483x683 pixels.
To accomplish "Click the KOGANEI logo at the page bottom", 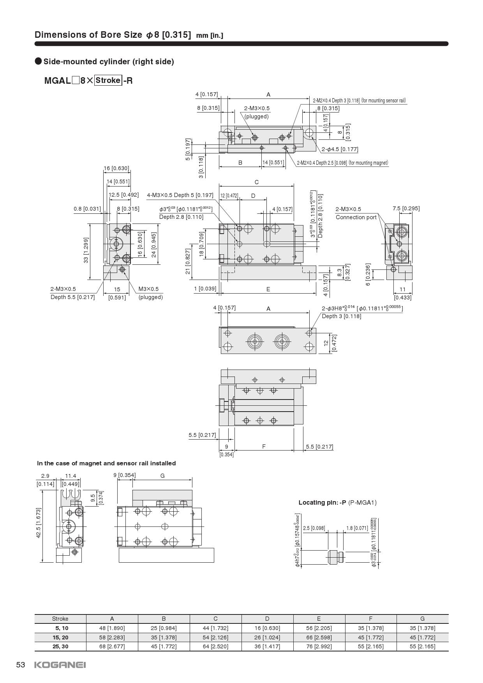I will [x=60, y=665].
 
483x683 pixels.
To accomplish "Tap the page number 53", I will [x=21, y=665].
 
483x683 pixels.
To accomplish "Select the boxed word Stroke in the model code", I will [x=108, y=81].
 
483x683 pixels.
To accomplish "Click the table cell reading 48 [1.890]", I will [x=112, y=628].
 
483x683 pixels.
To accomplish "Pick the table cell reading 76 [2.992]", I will [x=319, y=646].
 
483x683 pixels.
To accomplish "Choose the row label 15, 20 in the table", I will [x=60, y=637].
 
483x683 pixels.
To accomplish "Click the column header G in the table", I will [x=422, y=619].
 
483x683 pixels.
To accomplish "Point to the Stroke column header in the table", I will [x=60, y=619].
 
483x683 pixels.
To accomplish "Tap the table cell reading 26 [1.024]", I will [x=267, y=637].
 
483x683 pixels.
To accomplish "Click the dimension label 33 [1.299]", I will [x=86, y=250].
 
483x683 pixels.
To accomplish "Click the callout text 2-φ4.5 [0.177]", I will [x=340, y=149].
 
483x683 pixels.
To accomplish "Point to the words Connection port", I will [x=356, y=217].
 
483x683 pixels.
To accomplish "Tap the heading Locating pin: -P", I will [x=322, y=502].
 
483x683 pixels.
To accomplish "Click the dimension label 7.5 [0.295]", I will [x=406, y=208].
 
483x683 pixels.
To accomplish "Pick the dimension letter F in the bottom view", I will [x=264, y=446].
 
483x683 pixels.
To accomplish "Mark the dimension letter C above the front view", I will [x=256, y=182].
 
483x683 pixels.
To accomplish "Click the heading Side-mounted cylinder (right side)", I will [x=109, y=62].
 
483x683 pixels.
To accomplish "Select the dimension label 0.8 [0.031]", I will [x=87, y=209].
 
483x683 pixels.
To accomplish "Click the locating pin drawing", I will [x=335, y=558].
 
